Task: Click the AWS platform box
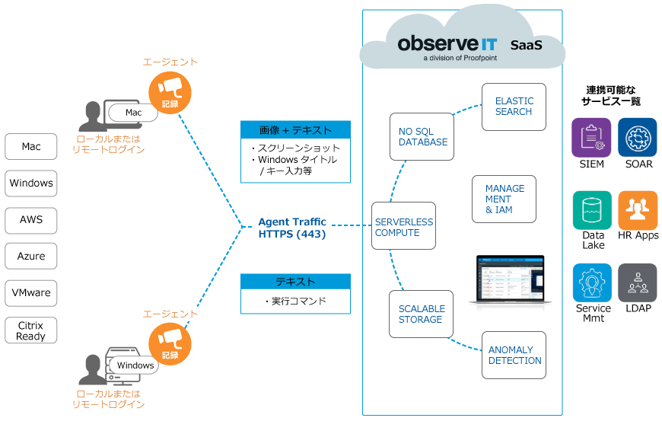(31, 220)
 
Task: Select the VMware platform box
(31, 293)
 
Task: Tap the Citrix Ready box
(31, 330)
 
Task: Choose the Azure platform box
(31, 257)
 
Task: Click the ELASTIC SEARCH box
(514, 107)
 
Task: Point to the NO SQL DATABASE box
(422, 137)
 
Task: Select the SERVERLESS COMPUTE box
(403, 226)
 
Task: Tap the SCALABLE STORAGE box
(421, 314)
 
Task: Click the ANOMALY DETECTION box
(514, 356)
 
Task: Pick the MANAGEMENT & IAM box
(504, 199)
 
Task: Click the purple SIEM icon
(591, 137)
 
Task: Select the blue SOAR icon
(638, 137)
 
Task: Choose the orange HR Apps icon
(638, 210)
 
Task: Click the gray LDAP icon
(638, 283)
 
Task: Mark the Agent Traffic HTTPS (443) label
(292, 228)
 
